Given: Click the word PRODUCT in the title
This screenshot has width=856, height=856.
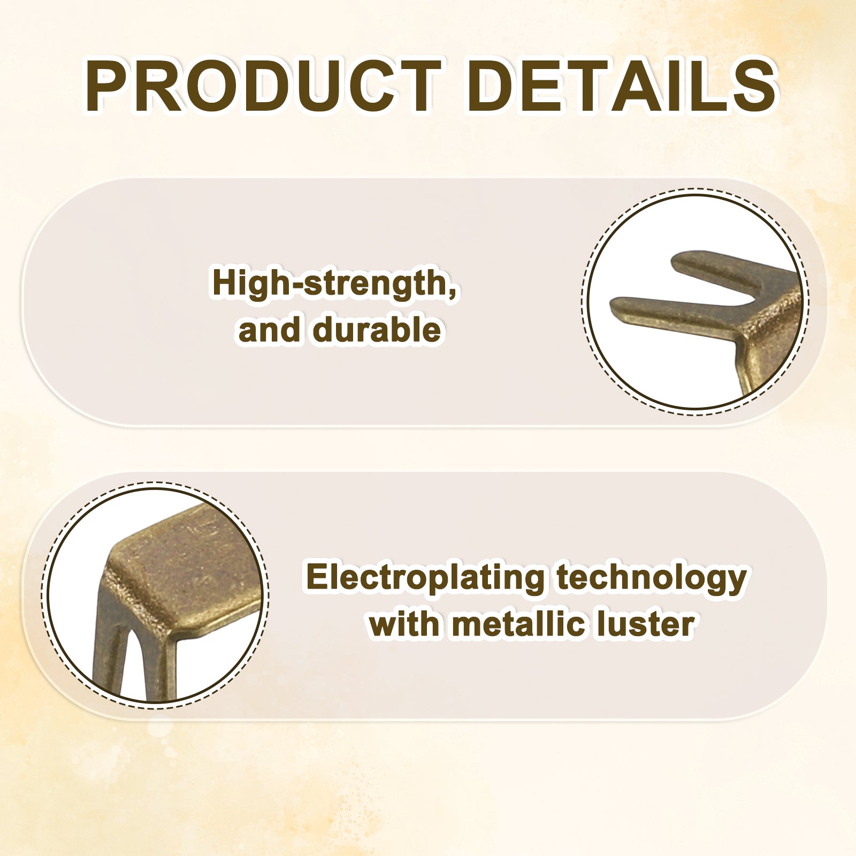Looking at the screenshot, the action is click(x=264, y=86).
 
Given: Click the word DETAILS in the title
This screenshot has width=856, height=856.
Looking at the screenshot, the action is click(x=622, y=86).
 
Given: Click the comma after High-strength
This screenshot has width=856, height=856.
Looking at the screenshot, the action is click(x=454, y=293).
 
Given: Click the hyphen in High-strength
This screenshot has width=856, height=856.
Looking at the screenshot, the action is click(x=295, y=285).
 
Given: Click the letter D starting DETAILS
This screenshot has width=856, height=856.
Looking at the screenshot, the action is click(x=493, y=86).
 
